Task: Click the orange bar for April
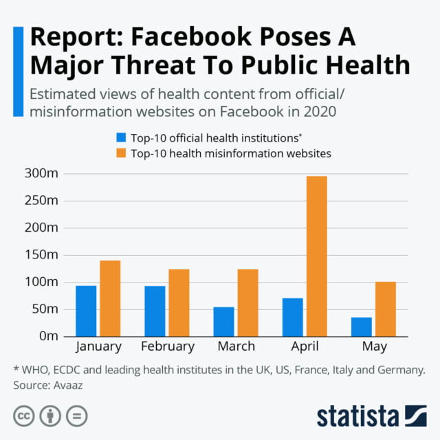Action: (x=317, y=256)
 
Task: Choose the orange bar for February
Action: (x=179, y=302)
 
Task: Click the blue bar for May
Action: (x=362, y=327)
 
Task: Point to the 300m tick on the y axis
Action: (x=41, y=174)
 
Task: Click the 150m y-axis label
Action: (x=41, y=255)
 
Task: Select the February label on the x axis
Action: (x=167, y=346)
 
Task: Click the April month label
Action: (x=305, y=346)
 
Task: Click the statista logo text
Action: (x=357, y=417)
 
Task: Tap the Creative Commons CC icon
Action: (x=23, y=417)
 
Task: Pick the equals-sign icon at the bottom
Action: (x=79, y=417)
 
